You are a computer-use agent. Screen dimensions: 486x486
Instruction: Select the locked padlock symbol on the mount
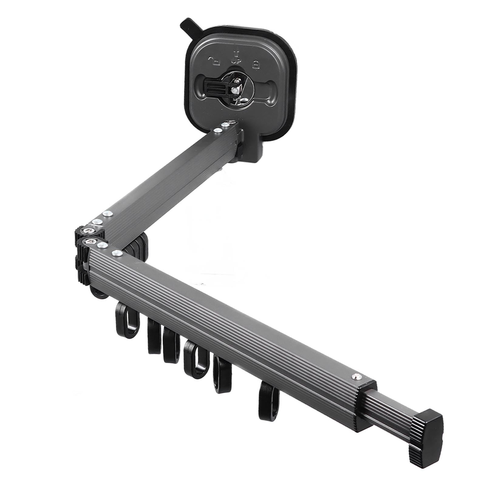click(255, 64)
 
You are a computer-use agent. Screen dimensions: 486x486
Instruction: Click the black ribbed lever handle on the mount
click(216, 90)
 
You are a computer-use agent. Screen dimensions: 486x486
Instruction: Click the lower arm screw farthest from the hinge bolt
click(115, 253)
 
